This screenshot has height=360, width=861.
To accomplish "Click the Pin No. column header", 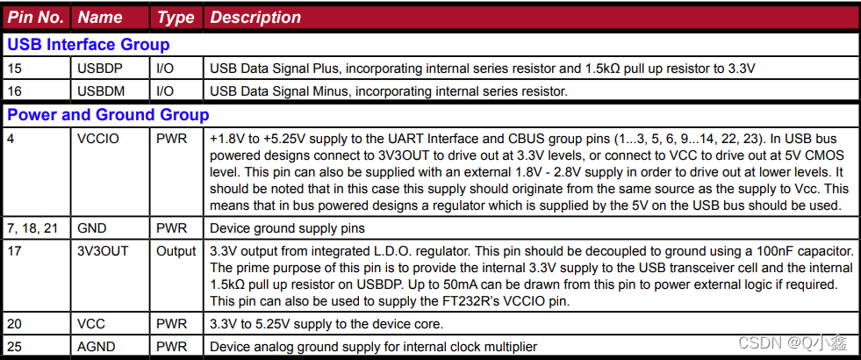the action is [x=36, y=18].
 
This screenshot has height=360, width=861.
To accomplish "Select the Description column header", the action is [x=255, y=18].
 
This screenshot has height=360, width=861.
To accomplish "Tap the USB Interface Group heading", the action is [x=88, y=45].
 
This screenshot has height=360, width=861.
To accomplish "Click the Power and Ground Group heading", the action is [x=108, y=115].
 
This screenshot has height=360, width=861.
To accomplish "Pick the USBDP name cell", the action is [x=96, y=68].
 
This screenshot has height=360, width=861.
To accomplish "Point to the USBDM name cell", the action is [x=97, y=91].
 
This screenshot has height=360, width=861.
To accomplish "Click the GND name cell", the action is [x=90, y=227].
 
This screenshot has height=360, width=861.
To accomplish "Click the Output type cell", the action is [x=176, y=251].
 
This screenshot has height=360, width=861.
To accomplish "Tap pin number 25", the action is [x=14, y=347].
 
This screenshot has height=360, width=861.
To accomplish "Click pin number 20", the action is [x=14, y=324].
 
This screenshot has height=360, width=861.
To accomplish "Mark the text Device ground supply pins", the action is [x=288, y=227].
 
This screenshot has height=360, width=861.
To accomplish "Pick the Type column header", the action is [x=176, y=18].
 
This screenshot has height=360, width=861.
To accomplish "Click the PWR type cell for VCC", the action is [x=171, y=324].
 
